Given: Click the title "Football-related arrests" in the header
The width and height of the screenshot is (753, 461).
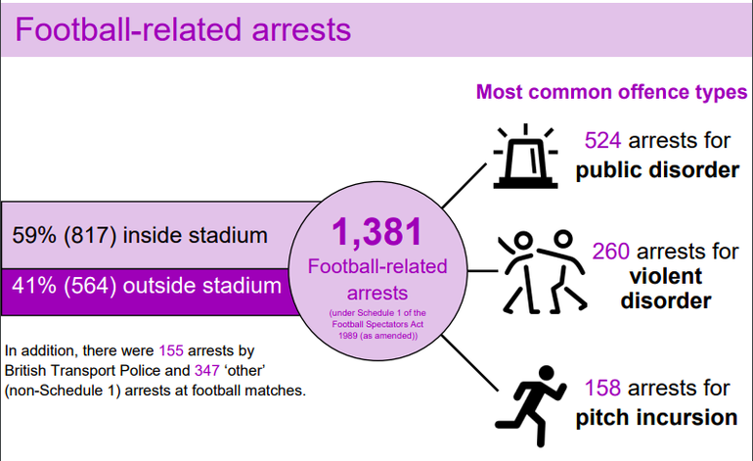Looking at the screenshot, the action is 183,29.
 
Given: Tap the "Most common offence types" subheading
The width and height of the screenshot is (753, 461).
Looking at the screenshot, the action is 612,92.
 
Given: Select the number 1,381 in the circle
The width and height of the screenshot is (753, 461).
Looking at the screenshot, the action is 376,232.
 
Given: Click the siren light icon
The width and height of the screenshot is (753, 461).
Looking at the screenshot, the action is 525,156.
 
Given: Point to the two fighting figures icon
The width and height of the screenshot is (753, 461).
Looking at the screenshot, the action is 543,272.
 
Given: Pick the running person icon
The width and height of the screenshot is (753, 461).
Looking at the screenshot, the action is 531,406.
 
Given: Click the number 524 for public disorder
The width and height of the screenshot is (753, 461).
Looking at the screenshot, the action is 602,140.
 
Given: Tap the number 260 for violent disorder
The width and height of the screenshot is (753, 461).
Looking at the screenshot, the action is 610,251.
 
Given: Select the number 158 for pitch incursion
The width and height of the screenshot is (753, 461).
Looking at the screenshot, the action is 602,388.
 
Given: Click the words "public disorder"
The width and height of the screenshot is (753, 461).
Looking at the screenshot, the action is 657,170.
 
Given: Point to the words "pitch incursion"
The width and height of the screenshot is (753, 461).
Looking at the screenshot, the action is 656,417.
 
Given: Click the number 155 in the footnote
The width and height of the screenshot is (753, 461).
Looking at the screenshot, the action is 171,350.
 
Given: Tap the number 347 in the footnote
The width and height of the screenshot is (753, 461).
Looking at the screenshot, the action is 207,371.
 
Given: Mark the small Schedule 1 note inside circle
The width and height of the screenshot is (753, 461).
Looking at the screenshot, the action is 377,325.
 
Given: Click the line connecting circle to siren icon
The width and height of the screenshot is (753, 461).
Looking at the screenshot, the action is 465,186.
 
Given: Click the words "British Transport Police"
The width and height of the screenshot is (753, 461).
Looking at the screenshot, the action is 82,371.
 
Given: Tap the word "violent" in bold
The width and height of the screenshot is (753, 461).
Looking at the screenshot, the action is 666,276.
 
